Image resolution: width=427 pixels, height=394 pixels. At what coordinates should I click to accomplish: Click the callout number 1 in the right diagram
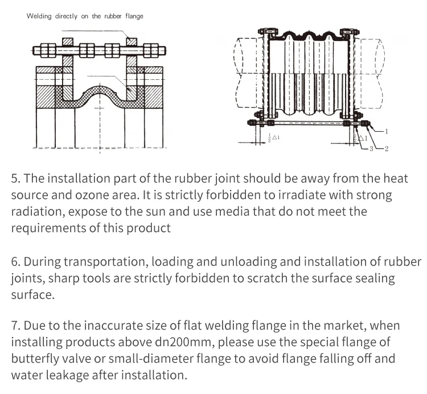click(387, 132)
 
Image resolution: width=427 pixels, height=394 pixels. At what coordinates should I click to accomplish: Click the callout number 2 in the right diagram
click(386, 149)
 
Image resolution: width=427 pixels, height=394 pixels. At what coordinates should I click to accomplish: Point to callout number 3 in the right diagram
click(371, 149)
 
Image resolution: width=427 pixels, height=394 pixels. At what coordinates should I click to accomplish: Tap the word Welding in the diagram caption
click(39, 16)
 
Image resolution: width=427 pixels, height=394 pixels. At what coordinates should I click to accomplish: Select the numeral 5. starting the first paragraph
click(16, 179)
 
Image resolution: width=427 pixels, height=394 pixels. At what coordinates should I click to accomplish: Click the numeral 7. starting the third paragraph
click(16, 326)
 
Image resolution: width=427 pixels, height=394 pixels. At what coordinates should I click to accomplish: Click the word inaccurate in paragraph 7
click(102, 326)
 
